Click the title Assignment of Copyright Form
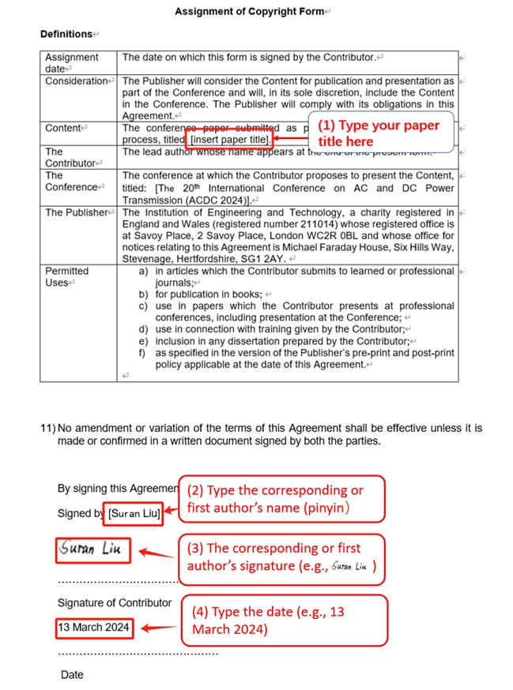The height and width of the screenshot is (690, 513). click(x=250, y=12)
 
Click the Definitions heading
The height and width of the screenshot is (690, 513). click(x=67, y=35)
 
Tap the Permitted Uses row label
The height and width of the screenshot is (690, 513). click(x=67, y=276)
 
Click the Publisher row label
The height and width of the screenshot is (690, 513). click(x=76, y=212)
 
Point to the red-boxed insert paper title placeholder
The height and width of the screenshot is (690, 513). click(x=230, y=140)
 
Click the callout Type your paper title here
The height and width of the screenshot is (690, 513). click(x=378, y=133)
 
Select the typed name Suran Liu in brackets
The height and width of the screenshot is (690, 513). click(x=135, y=513)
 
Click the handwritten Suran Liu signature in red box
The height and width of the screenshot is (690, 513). click(x=93, y=550)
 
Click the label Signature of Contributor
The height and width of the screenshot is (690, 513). click(x=114, y=603)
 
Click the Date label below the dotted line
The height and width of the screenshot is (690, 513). click(x=72, y=675)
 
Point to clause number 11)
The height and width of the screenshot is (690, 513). click(x=47, y=429)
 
